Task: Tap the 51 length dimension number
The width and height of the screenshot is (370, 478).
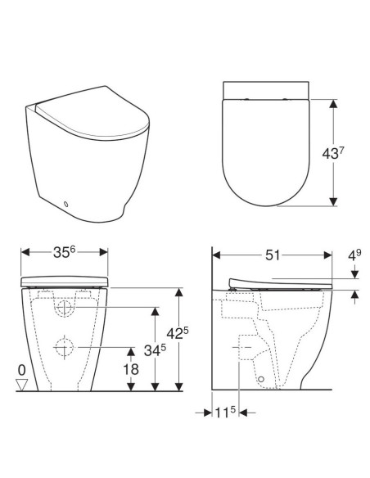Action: coord(272,255)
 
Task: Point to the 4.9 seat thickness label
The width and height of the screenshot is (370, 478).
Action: coord(354,255)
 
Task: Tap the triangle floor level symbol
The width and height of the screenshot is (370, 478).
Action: coord(22,384)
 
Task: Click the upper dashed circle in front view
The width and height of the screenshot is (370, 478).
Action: coord(65,309)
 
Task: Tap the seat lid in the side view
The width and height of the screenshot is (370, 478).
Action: coord(278,282)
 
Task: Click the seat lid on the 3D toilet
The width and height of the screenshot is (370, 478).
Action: coord(90,123)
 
